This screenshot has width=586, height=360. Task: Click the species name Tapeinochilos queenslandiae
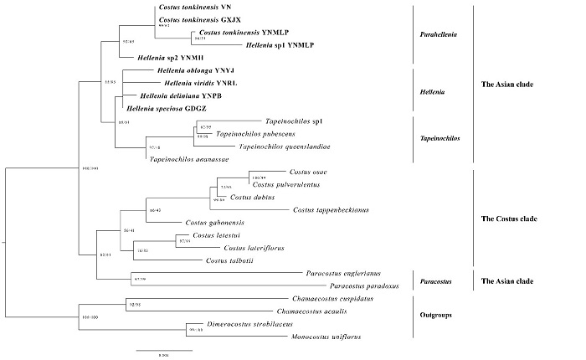(285, 147)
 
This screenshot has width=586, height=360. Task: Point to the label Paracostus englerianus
(345, 273)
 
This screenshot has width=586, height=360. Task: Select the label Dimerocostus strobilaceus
(255, 324)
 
